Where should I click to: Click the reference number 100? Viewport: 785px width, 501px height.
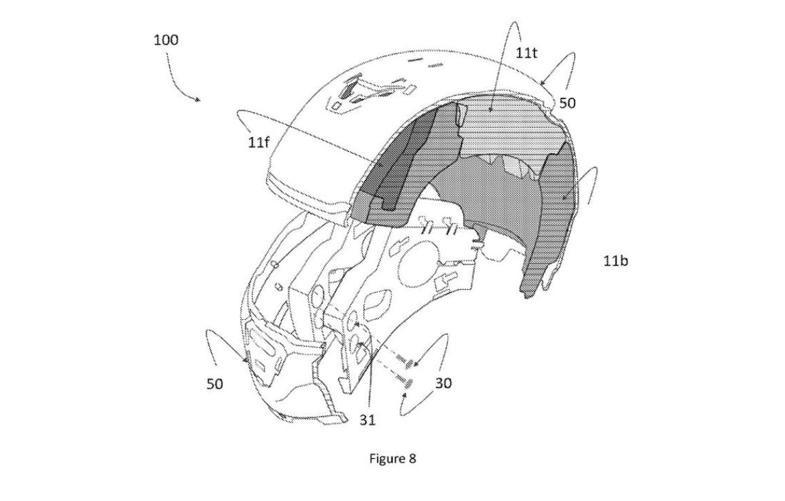[x=166, y=39]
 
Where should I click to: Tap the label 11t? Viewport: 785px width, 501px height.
[x=526, y=52]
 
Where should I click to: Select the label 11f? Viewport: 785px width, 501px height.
[x=258, y=143]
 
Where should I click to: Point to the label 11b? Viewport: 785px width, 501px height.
[x=615, y=260]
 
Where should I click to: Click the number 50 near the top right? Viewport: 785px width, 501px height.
[x=567, y=103]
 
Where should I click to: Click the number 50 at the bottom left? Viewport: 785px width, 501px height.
[x=215, y=384]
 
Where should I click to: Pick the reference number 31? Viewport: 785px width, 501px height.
[x=367, y=420]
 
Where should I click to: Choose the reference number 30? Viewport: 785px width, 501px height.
[x=443, y=384]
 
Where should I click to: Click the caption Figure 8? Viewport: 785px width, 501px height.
[x=392, y=458]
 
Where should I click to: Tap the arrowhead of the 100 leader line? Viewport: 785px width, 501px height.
[x=199, y=99]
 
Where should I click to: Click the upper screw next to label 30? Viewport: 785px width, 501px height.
[x=411, y=363]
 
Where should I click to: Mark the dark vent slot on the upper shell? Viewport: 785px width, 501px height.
[x=347, y=90]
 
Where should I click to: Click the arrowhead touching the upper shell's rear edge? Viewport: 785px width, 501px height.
[x=543, y=81]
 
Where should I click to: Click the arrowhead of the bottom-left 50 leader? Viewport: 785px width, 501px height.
[x=246, y=357]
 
